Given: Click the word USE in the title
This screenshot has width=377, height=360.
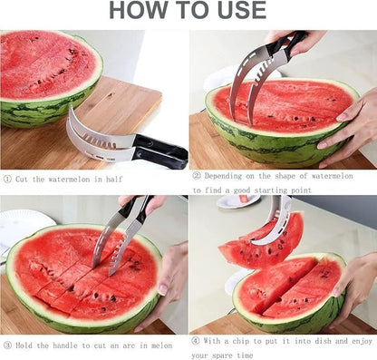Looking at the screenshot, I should click(237, 11).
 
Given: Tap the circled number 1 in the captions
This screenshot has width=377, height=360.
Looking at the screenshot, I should click(8, 180).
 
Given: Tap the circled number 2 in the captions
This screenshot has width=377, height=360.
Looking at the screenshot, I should click(196, 175).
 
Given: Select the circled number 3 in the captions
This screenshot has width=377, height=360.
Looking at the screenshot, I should click(8, 345).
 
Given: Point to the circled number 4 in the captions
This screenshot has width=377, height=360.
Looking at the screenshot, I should click(196, 341).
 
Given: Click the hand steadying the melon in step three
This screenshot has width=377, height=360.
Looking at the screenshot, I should click(173, 277).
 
